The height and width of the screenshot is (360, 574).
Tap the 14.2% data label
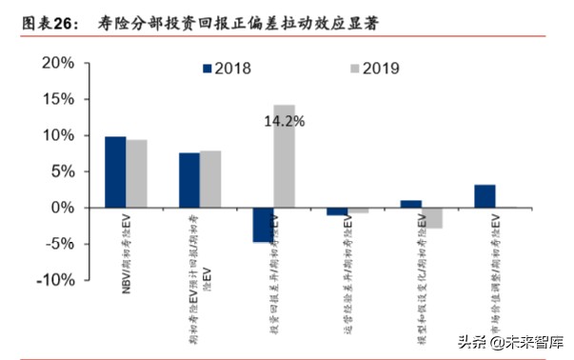pos(285,122)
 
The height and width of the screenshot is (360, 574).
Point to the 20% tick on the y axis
pos(55,63)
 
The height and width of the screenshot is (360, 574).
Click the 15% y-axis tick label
pos(55,99)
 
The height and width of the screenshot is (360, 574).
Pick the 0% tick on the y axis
pos(61,208)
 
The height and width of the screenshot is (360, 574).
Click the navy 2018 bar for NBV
pos(115,171)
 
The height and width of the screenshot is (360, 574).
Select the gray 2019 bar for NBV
pos(137,173)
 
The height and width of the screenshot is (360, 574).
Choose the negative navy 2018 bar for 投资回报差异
pos(263,225)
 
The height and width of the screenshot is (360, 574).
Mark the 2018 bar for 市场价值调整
pos(485,196)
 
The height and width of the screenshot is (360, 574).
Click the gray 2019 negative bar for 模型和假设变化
pos(433,218)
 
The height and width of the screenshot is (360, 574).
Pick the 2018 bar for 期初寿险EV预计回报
pos(189,180)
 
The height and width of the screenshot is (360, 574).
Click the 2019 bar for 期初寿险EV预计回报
pos(210,179)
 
